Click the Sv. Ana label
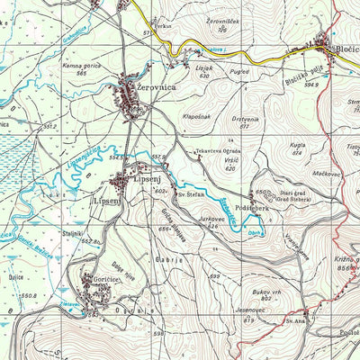(296, 319)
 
